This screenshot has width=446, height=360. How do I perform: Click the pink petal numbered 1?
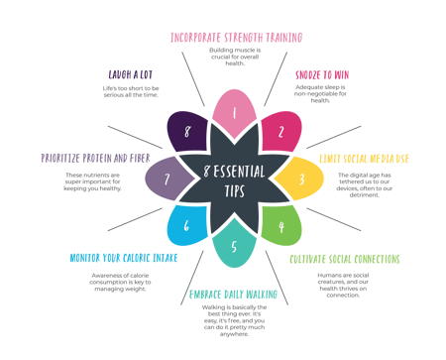(234, 112)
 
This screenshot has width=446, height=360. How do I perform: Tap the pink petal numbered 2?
(281, 131)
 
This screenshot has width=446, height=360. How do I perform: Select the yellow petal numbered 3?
(301, 180)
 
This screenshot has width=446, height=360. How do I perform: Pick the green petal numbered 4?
(281, 227)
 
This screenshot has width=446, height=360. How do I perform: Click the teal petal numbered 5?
(234, 247)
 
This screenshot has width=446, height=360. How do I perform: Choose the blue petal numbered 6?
(186, 227)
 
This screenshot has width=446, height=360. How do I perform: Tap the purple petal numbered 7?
(167, 180)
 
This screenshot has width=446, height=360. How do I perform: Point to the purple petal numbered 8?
(186, 131)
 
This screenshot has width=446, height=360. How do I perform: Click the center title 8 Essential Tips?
(234, 180)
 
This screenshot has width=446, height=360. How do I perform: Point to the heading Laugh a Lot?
(130, 72)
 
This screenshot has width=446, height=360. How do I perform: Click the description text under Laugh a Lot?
(130, 91)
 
